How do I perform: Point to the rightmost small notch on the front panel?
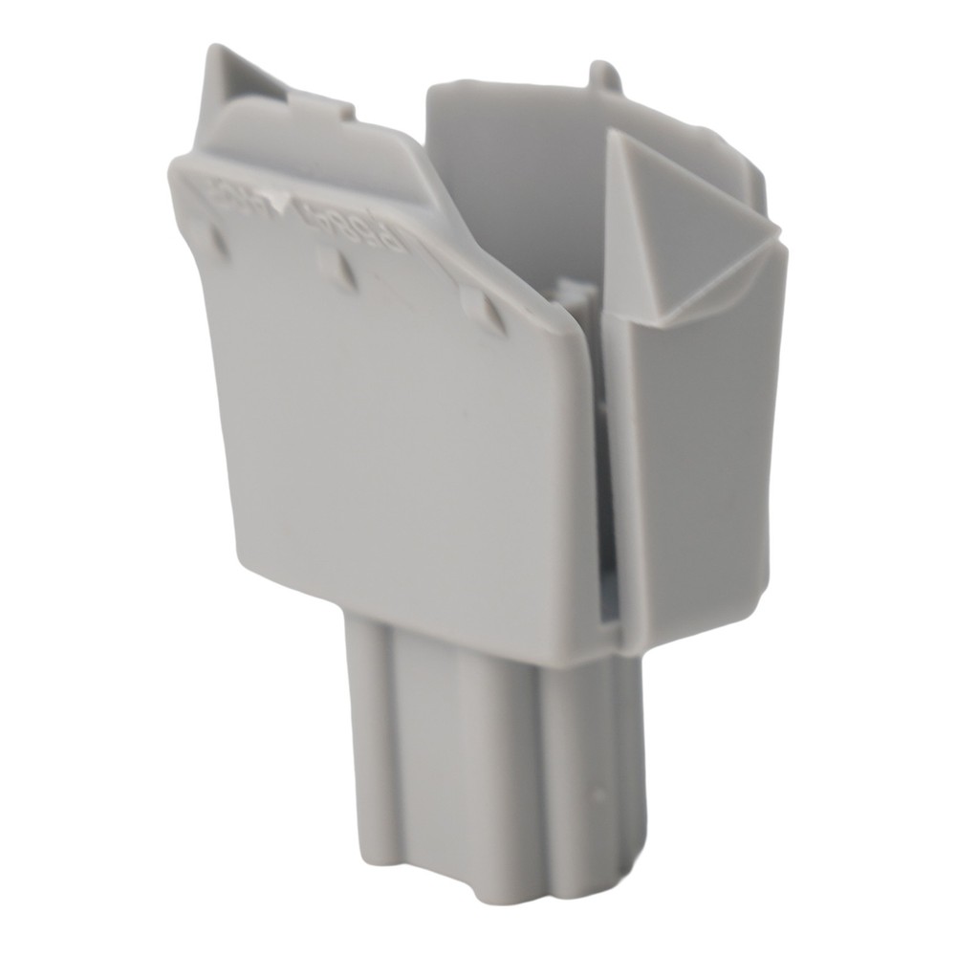coord(486,311)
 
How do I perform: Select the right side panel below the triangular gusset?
coord(698,459)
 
